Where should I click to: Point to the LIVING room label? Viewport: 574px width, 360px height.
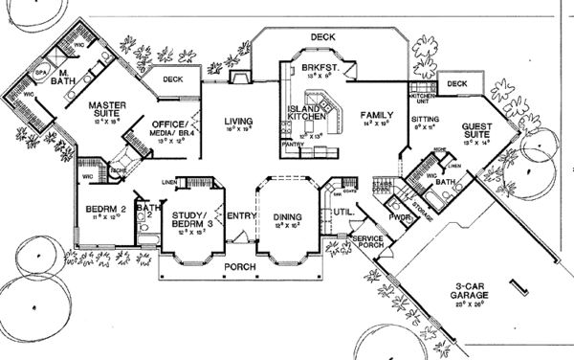click(x=237, y=122)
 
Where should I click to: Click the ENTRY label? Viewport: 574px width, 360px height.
click(x=238, y=215)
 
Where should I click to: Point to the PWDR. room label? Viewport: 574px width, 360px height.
click(x=398, y=219)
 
